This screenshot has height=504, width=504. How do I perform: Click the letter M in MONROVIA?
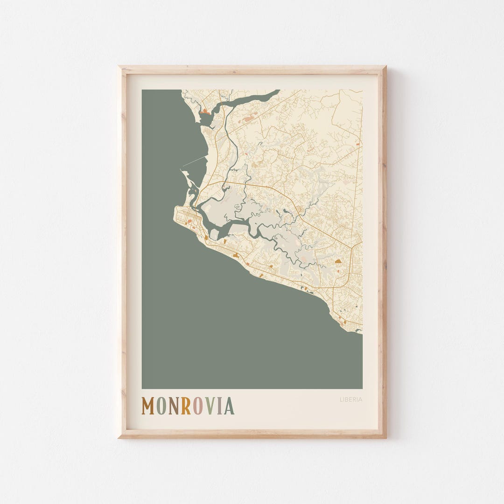[x=148, y=406]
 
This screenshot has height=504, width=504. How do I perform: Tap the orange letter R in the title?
[x=186, y=406]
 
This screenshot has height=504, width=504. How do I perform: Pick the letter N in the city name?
[x=174, y=406]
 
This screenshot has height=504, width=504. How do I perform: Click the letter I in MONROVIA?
[x=219, y=406]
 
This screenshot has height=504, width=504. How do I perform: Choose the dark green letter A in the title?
[x=229, y=406]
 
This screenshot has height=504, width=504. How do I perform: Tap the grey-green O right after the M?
[x=161, y=406]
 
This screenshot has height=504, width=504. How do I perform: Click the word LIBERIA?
[x=350, y=399]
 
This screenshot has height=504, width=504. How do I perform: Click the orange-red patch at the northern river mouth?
[x=205, y=112]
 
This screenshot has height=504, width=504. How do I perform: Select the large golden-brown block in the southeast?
[x=338, y=262]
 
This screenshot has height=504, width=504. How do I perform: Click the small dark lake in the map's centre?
[x=285, y=211]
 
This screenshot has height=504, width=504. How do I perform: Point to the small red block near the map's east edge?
[x=357, y=145]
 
